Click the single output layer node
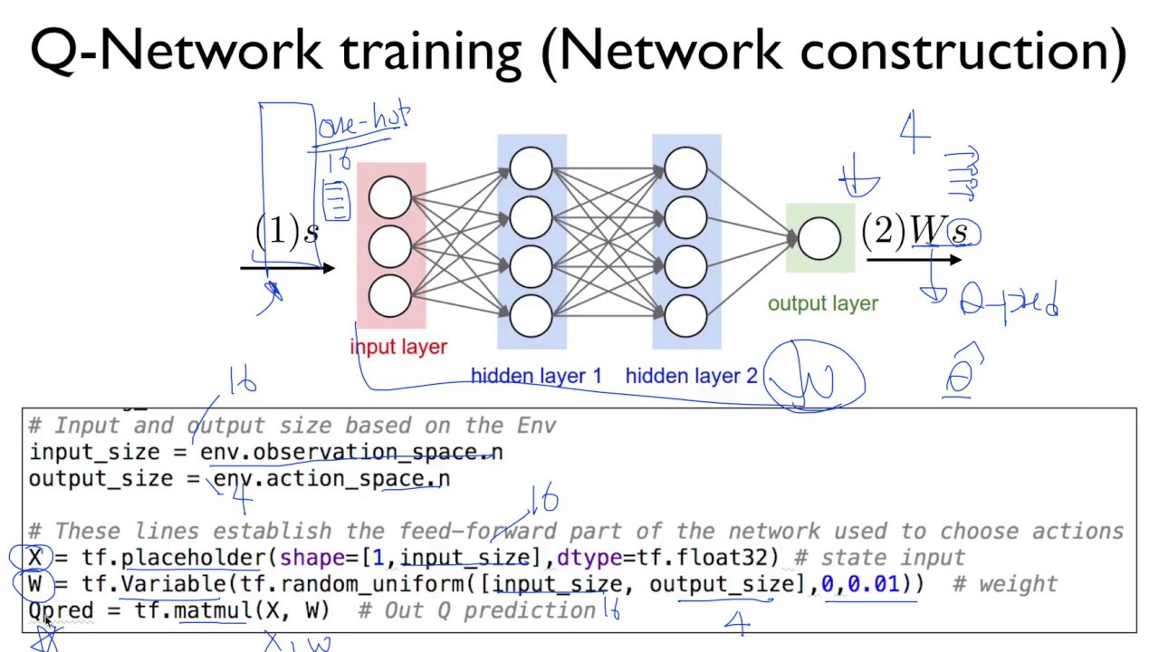[x=819, y=237]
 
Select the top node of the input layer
[x=390, y=197]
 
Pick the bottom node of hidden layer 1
[x=531, y=316]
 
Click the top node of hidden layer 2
[x=685, y=168]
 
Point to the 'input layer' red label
[x=398, y=346]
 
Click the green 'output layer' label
[x=822, y=304]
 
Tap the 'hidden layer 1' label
[x=536, y=376]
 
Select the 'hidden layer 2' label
[x=691, y=376]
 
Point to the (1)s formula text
[x=286, y=232]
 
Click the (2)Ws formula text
[x=916, y=231]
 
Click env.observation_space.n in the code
[x=351, y=452]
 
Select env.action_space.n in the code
[x=331, y=479]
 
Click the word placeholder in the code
[x=193, y=558]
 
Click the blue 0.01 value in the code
[x=874, y=584]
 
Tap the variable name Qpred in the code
[x=61, y=610]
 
